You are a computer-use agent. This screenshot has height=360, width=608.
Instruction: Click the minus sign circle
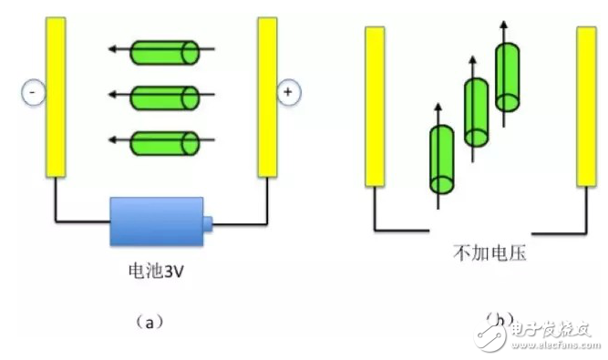32,92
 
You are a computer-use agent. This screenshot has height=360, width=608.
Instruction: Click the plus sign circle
288,92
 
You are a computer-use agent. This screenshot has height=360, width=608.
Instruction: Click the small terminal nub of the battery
207,221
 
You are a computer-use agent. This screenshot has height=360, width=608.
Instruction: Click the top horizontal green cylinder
166,51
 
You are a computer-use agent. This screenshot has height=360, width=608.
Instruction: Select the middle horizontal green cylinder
166,96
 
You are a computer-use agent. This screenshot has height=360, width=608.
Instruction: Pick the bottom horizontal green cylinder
166,141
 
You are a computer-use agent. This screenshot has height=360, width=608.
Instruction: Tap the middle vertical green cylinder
476,112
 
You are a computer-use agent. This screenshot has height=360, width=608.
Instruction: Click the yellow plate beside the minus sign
56,98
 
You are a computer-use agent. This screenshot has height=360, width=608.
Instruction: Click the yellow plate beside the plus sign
266,98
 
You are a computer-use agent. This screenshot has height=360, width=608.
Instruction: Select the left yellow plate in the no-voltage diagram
375,107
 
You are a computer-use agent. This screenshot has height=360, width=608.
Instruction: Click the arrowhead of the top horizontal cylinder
112,51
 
